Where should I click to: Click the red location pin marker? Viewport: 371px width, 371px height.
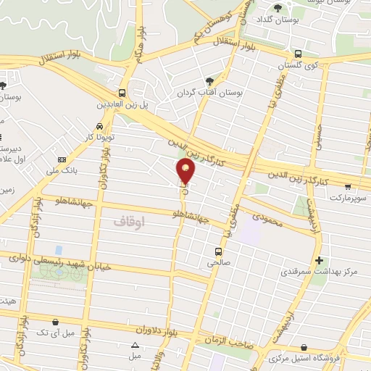coord(186,171)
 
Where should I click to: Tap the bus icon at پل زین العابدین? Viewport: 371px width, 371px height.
coord(121,93)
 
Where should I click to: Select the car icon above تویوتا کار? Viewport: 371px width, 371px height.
coord(88,125)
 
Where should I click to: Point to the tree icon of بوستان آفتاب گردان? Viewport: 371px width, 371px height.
coord(209,80)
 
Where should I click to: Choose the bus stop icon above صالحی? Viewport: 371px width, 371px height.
coord(217,252)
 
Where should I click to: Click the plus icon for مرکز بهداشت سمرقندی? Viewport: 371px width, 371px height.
coord(319,259)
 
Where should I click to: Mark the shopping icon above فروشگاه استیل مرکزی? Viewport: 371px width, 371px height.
coord(302,348)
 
